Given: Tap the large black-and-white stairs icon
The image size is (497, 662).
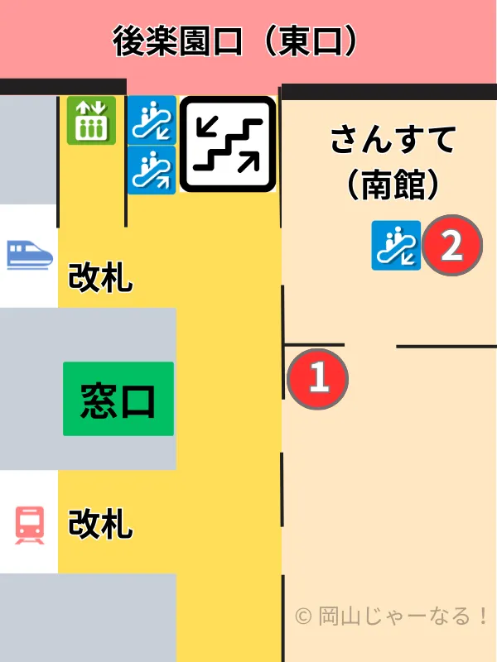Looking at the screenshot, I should pos(228,144).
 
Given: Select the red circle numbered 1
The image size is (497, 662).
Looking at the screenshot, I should pos(318,380).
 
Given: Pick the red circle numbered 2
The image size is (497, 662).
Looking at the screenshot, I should pos(451,246).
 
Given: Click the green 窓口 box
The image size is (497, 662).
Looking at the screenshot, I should pos(118,400).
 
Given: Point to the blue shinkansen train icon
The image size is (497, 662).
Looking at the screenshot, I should pos(29,254).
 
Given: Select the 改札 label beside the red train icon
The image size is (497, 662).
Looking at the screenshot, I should pos(99,524).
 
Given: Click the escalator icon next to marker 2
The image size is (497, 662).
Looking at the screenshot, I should pos(396,246).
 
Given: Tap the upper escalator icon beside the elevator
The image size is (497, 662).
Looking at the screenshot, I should pos(152,121).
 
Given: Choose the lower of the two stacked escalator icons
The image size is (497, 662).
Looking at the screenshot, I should pos(152,170).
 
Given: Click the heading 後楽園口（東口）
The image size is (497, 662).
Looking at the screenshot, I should pos(236,42).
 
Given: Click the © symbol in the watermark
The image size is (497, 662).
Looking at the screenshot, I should pos(303,616).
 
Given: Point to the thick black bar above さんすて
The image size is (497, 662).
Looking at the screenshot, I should pos(389,92).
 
